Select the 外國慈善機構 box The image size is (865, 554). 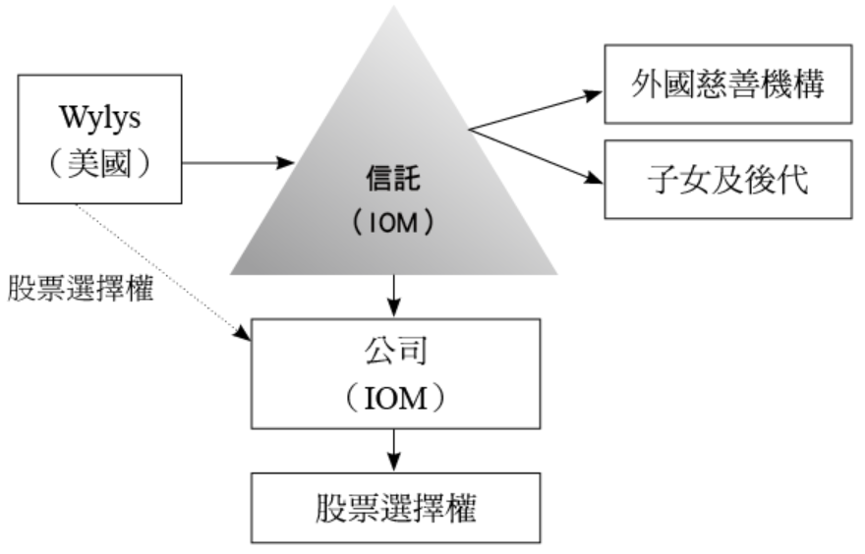click(726, 83)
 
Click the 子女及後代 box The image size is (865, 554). click(726, 180)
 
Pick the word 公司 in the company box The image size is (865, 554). click(394, 352)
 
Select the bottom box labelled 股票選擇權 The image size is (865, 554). click(394, 507)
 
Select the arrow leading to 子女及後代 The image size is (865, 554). click(536, 156)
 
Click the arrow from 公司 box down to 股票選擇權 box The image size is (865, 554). click(394, 450)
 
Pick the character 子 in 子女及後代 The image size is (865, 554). click(655, 180)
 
